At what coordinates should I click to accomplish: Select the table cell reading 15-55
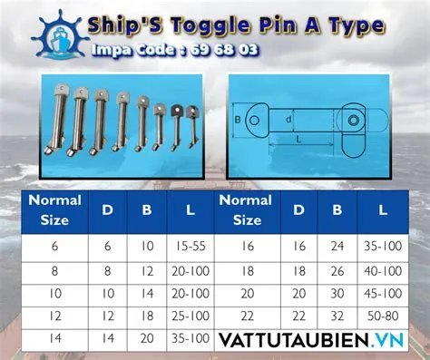click(187, 245)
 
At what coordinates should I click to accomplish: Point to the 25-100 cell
click(187, 316)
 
